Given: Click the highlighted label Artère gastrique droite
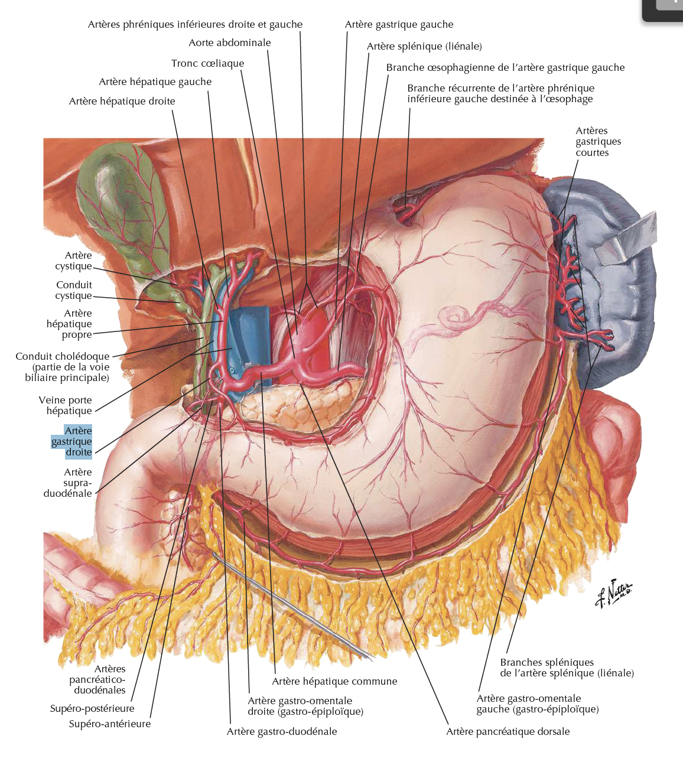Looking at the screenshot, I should (72, 441).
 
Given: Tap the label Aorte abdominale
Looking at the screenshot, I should (230, 43).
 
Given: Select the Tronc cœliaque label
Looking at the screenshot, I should (207, 63).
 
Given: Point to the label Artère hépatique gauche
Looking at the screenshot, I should (155, 82).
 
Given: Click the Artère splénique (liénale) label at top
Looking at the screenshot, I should (424, 46).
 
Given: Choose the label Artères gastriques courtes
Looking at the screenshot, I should (598, 142).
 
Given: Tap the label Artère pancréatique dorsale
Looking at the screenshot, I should (508, 731).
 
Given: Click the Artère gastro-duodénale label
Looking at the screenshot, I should (282, 731).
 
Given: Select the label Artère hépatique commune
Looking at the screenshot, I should (334, 681).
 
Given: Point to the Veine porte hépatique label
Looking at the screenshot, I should (66, 405).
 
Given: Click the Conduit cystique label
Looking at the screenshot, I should (74, 290).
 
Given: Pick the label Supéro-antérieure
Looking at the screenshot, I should (110, 724).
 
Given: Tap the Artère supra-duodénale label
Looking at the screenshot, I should (69, 483).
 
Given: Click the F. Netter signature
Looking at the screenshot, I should (613, 593).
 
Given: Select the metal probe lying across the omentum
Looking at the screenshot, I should (295, 608).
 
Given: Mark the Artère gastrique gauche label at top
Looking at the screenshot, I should (399, 24).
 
